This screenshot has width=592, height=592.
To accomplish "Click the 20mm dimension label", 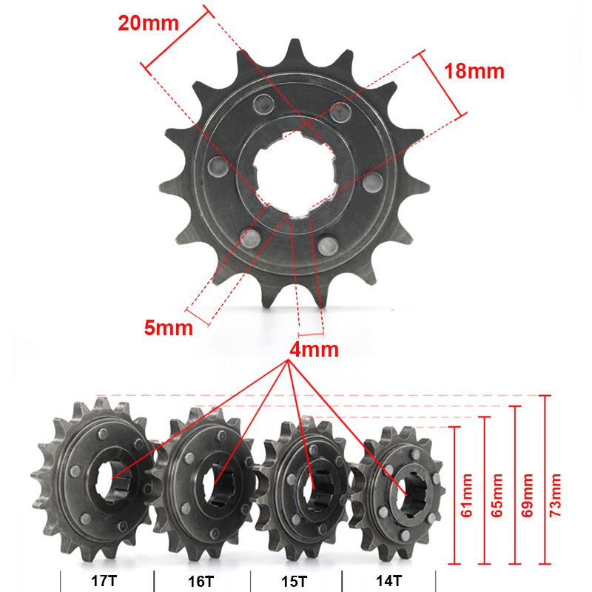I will pyautogui.click(x=148, y=23).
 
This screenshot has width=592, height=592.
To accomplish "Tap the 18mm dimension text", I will pyautogui.click(x=474, y=71).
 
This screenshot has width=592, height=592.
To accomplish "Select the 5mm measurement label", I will pyautogui.click(x=169, y=326).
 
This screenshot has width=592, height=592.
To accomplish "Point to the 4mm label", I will pyautogui.click(x=315, y=349).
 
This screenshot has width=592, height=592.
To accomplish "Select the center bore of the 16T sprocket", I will pyautogui.click(x=220, y=485).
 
